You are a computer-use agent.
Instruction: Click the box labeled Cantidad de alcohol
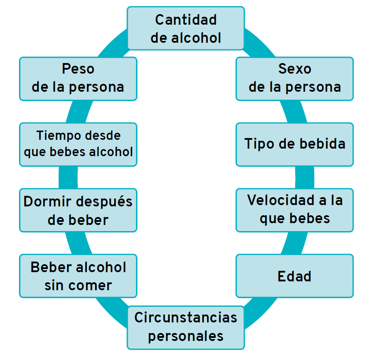pyautogui.click(x=186, y=28)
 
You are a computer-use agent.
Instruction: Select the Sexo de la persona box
pyautogui.click(x=294, y=78)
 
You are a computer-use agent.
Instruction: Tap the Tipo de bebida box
pyautogui.click(x=294, y=144)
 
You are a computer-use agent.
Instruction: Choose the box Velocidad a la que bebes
pyautogui.click(x=294, y=210)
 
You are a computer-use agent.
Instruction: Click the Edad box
pyautogui.click(x=294, y=276)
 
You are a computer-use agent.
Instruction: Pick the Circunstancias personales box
pyautogui.click(x=186, y=327)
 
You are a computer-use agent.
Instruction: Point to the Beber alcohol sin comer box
pyautogui.click(x=78, y=276)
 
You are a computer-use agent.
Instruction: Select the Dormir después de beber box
pyautogui.click(x=78, y=210)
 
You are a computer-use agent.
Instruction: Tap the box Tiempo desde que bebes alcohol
pyautogui.click(x=78, y=144)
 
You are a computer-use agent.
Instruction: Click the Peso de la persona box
pyautogui.click(x=78, y=78)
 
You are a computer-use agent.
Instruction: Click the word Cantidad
pyautogui.click(x=186, y=20)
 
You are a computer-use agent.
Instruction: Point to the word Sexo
pyautogui.click(x=295, y=69)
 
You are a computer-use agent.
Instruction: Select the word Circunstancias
pyautogui.click(x=186, y=318)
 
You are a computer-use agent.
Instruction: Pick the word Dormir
pyautogui.click(x=48, y=202)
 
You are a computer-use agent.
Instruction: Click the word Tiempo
pyautogui.click(x=53, y=135)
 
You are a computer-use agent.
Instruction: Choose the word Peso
pyautogui.click(x=78, y=69)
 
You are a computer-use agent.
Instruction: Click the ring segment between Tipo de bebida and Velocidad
pyautogui.click(x=304, y=177)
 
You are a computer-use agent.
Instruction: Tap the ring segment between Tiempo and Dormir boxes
pyautogui.click(x=68, y=177)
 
